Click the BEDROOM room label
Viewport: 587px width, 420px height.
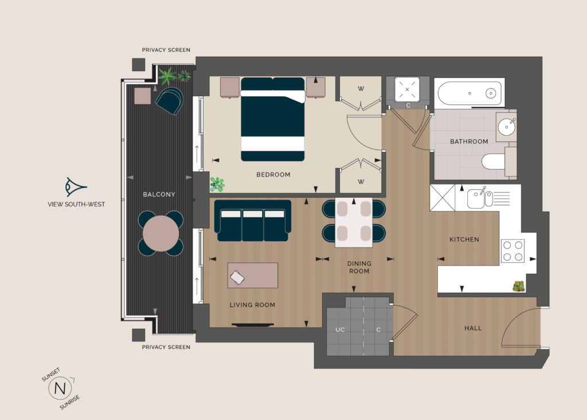pos(273,174)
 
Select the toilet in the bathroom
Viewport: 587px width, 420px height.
pos(499,162)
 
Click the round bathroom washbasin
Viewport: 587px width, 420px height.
pos(507,127)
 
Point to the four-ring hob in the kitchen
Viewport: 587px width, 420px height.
pos(513,251)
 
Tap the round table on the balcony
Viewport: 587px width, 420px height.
pos(161,233)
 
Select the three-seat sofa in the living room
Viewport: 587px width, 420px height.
pos(253,221)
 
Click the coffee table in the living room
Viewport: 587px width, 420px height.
pos(253,275)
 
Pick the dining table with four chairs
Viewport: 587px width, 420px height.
pos(354,222)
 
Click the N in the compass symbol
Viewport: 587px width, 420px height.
pos(60,388)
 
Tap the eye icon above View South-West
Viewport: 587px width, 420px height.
pos(76,187)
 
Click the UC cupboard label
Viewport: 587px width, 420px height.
pos(340,330)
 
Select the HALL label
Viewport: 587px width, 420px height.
pos(473,328)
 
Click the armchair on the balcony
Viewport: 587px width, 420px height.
pos(170,100)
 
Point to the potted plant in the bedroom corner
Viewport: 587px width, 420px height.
pos(217,184)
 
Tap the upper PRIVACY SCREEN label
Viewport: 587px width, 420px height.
pos(166,50)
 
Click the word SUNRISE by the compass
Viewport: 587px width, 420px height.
pos(69,402)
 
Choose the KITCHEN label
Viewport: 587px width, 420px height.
pos(464,240)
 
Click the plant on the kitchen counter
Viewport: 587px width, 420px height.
pos(518,286)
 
